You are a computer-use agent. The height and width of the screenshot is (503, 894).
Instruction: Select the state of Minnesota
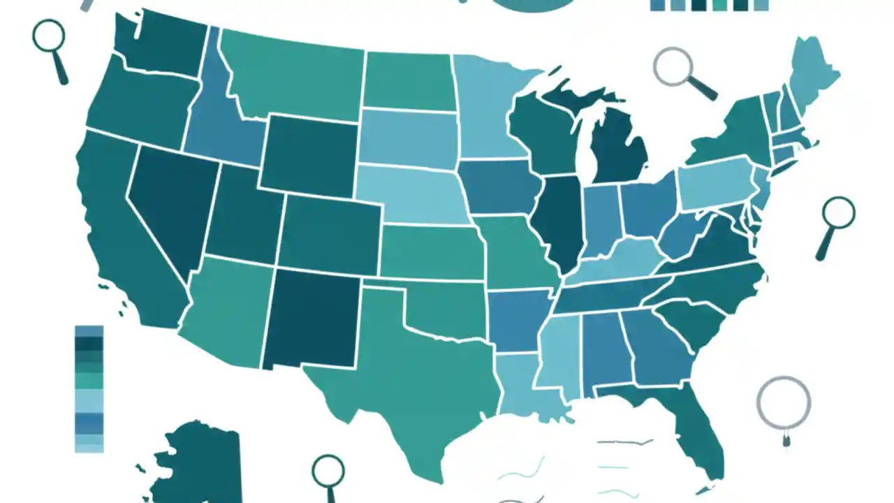489,105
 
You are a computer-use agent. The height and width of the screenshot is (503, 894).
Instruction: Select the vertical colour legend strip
89,388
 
